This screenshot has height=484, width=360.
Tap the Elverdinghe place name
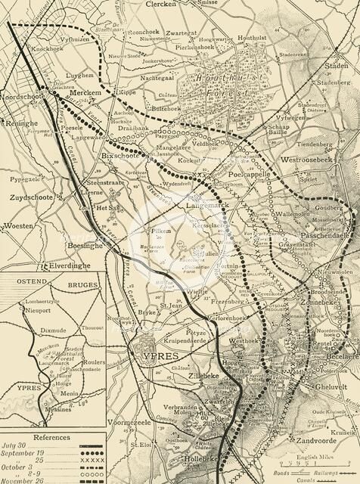coord(48,265)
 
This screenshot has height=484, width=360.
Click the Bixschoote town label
coord(121,156)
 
